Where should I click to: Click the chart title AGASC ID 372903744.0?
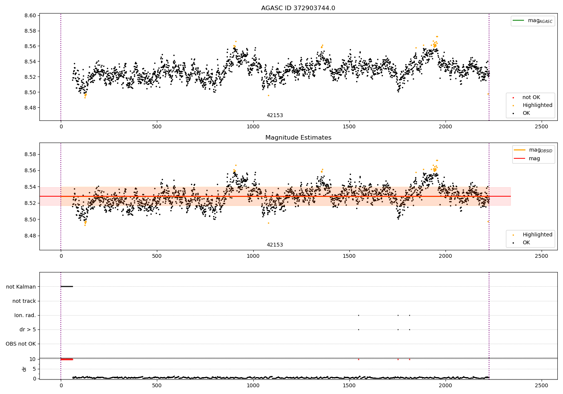tap(298, 8)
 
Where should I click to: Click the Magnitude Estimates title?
tap(298, 138)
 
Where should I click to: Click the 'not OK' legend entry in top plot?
tap(531, 98)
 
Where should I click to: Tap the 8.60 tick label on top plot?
tap(30, 16)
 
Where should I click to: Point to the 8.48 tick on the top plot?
tap(30, 108)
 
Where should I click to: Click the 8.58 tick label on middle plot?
tap(30, 155)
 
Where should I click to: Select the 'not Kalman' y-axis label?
tap(21, 287)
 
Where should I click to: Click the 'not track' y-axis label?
tap(24, 301)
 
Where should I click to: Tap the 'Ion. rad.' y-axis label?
tap(25, 316)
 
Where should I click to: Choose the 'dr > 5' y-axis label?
tap(27, 330)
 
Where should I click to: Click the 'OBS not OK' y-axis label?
tap(21, 344)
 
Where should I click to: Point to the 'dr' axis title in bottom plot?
tap(24, 369)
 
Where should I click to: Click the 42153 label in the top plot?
tap(275, 116)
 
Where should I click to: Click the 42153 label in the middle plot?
tap(275, 245)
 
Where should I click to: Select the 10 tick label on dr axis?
tap(33, 359)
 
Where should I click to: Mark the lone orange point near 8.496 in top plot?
tap(268, 95)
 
